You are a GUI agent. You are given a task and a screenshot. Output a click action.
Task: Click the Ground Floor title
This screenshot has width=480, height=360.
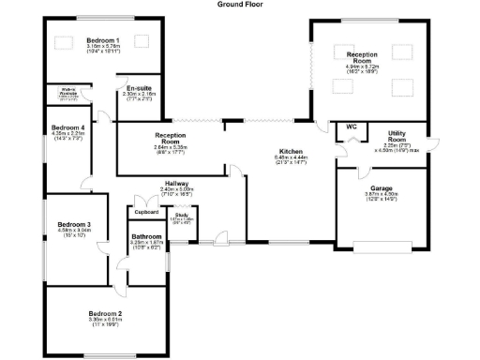240,4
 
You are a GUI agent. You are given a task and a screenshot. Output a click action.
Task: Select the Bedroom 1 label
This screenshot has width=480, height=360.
104,40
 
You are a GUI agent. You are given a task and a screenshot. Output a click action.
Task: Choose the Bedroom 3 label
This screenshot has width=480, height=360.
73,224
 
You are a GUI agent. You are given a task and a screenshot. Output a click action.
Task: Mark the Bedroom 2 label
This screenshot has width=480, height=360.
105,312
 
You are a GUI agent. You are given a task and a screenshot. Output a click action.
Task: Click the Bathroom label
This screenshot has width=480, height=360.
147,236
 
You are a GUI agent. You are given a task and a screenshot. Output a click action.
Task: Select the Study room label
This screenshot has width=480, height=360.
183,215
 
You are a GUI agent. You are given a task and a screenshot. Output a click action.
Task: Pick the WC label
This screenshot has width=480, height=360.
352,126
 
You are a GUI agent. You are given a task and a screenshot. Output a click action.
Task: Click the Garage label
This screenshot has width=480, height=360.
381,188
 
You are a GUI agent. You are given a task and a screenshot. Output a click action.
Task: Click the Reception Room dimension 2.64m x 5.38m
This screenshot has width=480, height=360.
172,148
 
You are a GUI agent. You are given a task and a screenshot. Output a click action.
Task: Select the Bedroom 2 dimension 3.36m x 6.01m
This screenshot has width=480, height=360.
105,321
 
